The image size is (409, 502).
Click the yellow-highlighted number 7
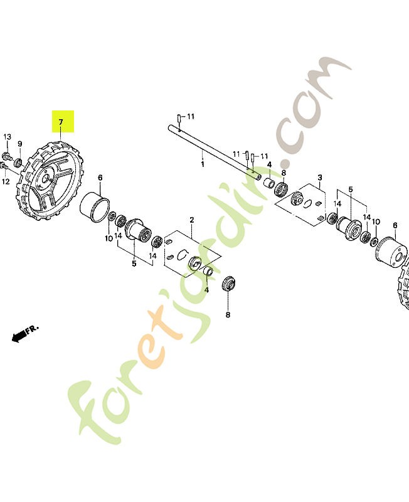click(61, 121)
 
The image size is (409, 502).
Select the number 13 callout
click(8, 137)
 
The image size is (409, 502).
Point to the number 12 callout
click(7, 182)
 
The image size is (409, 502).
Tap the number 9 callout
click(19, 143)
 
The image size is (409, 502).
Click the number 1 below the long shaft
click(203, 164)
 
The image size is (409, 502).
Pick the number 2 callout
click(192, 220)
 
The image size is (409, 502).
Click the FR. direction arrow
click(24, 333)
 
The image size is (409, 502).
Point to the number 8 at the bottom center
click(228, 314)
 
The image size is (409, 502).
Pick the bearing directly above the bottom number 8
click(230, 284)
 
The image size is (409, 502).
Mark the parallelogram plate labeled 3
click(307, 201)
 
